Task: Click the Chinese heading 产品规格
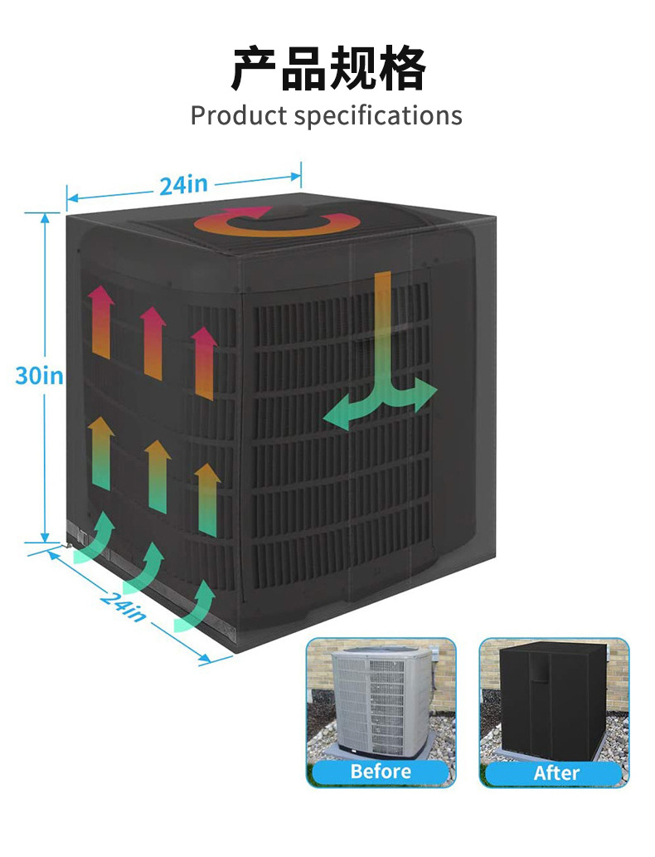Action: tap(327, 68)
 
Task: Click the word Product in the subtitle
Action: tap(239, 115)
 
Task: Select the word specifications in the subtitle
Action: tap(378, 116)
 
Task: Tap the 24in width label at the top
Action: tap(183, 184)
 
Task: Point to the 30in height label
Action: tap(39, 375)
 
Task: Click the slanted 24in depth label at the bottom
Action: tap(124, 605)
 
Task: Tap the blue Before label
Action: tap(381, 772)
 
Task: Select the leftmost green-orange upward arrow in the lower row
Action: tap(101, 453)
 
